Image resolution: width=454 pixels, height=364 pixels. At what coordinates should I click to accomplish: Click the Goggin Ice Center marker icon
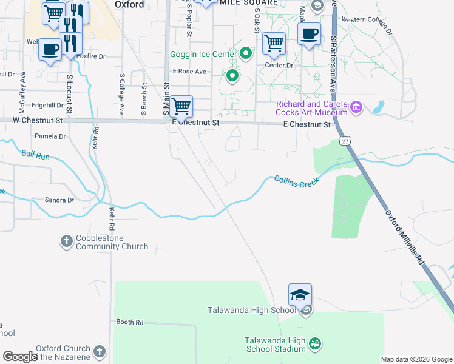(246, 54)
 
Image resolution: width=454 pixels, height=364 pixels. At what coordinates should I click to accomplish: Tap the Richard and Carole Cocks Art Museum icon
(356, 108)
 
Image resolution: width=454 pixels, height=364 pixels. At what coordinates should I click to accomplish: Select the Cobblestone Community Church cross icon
(66, 241)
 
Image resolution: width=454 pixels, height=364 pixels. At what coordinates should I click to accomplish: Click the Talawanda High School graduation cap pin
(300, 295)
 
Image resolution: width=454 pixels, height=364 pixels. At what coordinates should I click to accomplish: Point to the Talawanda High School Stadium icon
(314, 344)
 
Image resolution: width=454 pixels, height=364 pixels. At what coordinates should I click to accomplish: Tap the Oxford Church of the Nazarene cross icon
(100, 351)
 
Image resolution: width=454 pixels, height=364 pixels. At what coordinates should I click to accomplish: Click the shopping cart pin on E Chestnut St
(181, 107)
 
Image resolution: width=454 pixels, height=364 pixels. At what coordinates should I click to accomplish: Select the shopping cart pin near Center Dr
(274, 43)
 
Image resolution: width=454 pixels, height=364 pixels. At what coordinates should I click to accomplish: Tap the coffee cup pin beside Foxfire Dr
(50, 50)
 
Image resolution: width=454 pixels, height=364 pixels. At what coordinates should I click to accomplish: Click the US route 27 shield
(344, 141)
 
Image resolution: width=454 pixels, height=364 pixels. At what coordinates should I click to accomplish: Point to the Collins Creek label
(296, 181)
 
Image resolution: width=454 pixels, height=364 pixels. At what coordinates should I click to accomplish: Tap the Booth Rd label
(129, 322)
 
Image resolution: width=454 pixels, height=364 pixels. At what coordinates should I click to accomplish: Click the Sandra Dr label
(59, 200)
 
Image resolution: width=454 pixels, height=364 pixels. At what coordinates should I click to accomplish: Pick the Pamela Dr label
(50, 136)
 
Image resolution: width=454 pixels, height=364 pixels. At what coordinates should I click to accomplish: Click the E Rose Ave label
(189, 71)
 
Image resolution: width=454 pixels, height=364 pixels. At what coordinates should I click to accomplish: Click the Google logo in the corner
(20, 357)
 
